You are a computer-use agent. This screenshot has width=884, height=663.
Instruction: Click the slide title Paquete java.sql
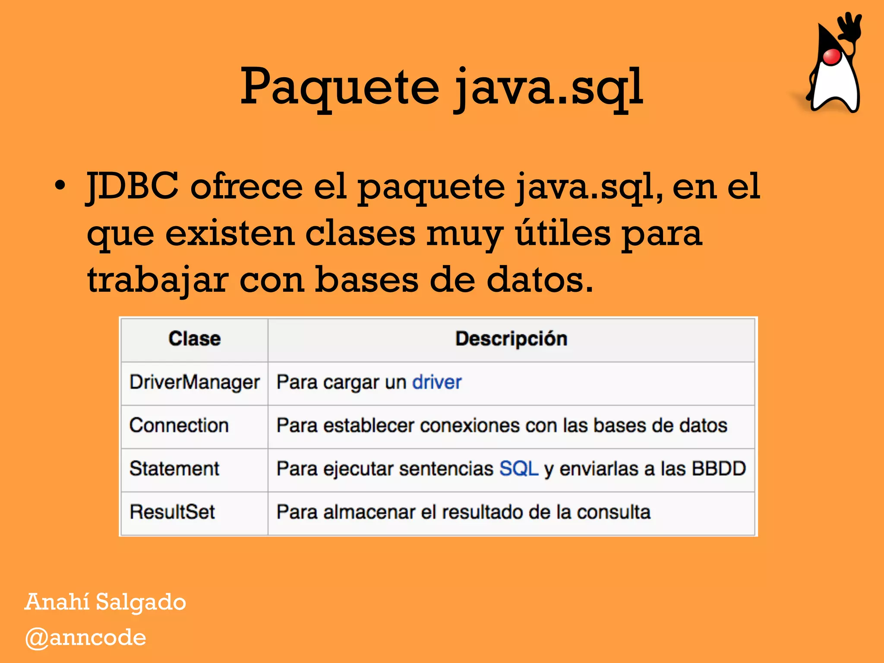[441, 88]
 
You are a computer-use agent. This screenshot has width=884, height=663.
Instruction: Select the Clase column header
[194, 339]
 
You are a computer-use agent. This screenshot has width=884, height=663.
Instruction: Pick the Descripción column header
[511, 339]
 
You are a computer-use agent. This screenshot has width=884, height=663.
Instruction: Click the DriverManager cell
[194, 382]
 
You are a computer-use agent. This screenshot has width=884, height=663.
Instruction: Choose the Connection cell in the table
[179, 426]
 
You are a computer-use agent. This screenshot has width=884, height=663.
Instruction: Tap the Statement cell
[174, 469]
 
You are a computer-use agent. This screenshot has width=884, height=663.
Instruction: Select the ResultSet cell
[172, 512]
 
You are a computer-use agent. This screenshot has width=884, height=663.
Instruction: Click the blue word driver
[436, 382]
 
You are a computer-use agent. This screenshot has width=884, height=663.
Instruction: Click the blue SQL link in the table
[518, 469]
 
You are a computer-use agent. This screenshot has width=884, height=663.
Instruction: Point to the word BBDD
[719, 469]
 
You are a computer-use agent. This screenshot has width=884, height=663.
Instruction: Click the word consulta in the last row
[613, 512]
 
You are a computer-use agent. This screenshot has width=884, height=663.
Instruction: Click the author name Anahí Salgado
[105, 602]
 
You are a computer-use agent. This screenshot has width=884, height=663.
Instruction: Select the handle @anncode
[86, 638]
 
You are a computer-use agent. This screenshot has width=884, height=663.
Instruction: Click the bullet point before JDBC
[60, 186]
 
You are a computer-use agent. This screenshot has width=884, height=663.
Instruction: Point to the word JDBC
[133, 186]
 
